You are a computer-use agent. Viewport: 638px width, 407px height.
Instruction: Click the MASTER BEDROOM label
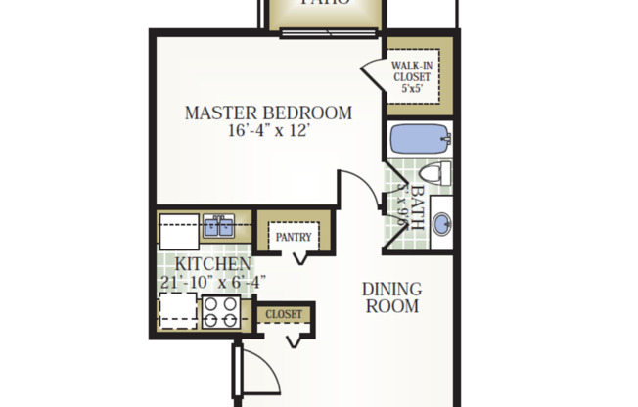click(x=267, y=113)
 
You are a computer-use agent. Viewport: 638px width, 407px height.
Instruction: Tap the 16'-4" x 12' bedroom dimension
click(x=267, y=132)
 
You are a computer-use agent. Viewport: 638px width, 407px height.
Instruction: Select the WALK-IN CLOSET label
click(x=413, y=69)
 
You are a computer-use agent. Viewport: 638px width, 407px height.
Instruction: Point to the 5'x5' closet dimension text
click(x=413, y=88)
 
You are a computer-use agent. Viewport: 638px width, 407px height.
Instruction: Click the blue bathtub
click(x=417, y=139)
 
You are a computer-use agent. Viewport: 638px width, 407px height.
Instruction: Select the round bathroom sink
click(x=442, y=224)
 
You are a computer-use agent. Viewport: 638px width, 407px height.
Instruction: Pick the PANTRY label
click(x=293, y=237)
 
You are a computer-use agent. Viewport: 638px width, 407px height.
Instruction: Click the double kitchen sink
click(x=217, y=228)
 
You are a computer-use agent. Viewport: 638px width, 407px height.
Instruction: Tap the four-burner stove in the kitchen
click(x=221, y=312)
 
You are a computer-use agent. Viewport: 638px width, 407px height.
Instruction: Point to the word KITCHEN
click(x=212, y=264)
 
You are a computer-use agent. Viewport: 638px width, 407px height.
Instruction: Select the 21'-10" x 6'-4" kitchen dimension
click(x=212, y=282)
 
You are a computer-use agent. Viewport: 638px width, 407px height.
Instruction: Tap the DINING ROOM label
click(x=391, y=297)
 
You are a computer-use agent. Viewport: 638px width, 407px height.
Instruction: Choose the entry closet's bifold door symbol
click(x=292, y=339)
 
